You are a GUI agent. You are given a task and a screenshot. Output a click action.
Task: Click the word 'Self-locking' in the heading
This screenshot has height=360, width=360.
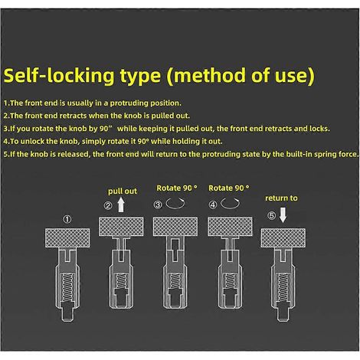59,76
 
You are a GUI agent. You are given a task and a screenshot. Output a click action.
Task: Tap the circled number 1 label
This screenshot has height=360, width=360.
67,219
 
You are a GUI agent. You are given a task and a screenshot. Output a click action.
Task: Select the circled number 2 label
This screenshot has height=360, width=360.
108,205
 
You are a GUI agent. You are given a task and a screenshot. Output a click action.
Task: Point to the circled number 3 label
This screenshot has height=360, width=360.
158,205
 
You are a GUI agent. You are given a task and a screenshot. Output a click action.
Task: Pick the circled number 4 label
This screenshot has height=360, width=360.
213,205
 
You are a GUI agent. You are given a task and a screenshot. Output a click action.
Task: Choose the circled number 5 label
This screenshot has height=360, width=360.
271,215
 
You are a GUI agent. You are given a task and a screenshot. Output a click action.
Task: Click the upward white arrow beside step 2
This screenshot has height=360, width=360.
121,205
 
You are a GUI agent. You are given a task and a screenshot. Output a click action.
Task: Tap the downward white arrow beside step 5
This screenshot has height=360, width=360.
283,215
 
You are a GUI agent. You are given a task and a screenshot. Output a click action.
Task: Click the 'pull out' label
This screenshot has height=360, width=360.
123,191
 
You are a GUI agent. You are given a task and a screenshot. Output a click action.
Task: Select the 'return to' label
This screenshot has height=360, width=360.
281,198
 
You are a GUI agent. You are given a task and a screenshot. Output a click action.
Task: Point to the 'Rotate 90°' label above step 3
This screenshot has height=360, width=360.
177,188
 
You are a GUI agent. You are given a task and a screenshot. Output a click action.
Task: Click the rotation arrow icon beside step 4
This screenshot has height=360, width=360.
230,204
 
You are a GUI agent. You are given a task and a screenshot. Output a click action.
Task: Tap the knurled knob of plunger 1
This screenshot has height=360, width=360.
67,238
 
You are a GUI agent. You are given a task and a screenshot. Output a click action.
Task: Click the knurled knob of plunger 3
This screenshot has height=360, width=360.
175,227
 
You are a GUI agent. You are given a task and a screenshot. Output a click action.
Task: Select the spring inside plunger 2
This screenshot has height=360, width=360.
121,282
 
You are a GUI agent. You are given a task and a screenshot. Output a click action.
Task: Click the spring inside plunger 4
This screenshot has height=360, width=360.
230,281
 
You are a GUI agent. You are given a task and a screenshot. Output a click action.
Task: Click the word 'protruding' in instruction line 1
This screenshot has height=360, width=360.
129,103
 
